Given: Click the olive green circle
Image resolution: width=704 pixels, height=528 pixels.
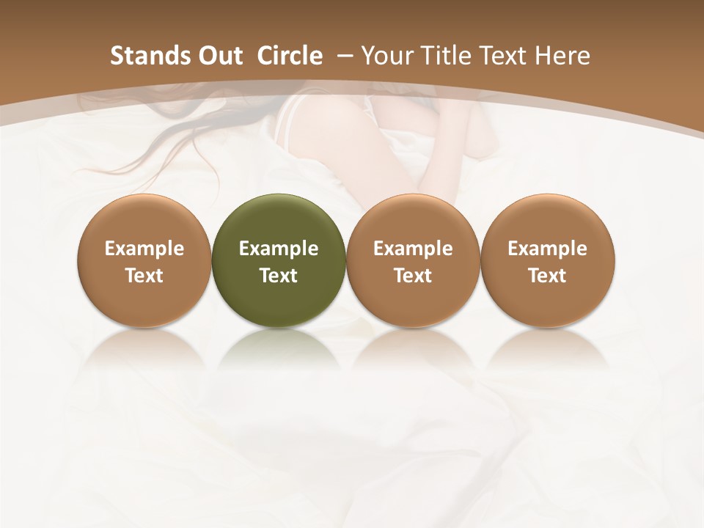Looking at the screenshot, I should [x=279, y=260].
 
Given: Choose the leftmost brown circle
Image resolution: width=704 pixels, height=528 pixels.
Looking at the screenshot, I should [x=144, y=260].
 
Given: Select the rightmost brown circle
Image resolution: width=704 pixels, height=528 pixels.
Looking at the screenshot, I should [x=547, y=260].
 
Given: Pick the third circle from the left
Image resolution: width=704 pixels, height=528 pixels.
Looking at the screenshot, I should [x=413, y=260].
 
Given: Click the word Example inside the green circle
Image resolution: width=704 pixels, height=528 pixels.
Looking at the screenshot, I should [x=279, y=249].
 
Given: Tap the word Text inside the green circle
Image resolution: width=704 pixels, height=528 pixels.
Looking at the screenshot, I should [x=279, y=276].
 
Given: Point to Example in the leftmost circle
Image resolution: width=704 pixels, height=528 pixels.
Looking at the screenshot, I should [x=144, y=249].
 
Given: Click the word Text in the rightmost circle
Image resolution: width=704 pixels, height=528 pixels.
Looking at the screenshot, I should [x=547, y=276].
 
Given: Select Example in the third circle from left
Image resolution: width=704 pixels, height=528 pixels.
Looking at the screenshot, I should [x=413, y=249].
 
